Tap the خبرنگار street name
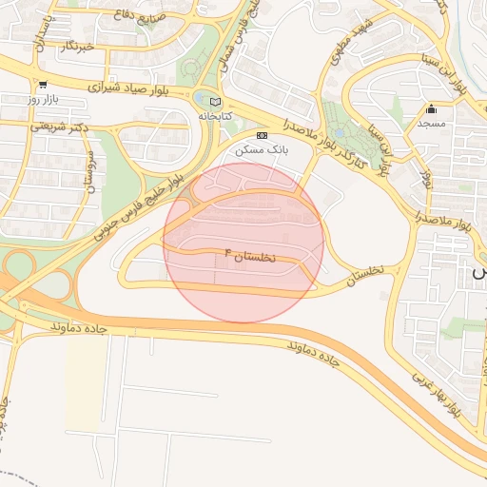(76, 46)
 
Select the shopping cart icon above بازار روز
(42, 85)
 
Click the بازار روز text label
(42, 99)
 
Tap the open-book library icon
(215, 102)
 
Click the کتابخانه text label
(215, 115)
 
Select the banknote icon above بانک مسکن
(262, 136)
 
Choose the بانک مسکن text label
(265, 150)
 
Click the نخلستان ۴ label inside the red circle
(248, 255)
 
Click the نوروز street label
(425, 181)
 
